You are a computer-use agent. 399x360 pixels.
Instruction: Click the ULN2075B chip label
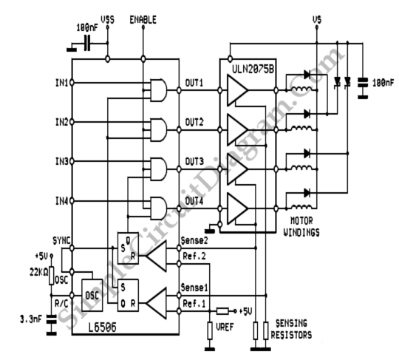click(253, 69)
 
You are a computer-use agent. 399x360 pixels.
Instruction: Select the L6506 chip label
click(102, 327)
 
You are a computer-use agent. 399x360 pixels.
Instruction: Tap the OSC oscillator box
click(92, 296)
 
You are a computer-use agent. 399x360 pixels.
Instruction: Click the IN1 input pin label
click(62, 83)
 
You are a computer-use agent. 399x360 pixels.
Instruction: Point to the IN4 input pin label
click(62, 201)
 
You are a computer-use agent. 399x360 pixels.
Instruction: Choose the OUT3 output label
click(194, 161)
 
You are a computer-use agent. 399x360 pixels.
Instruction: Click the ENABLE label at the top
click(143, 20)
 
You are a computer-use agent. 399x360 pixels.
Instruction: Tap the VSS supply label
click(107, 20)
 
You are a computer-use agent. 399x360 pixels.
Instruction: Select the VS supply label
click(317, 20)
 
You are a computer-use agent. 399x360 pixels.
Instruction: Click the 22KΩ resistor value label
click(38, 273)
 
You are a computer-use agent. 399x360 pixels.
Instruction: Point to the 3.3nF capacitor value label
click(31, 319)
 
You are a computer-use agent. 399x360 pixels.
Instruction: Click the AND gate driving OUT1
click(159, 90)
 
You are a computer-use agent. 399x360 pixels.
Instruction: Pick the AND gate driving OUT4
click(159, 208)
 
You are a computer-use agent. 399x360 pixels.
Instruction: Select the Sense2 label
click(194, 240)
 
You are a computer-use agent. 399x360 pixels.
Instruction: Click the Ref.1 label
click(194, 304)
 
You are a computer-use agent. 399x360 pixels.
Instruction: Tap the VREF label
click(225, 327)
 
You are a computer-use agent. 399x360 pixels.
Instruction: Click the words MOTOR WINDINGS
click(301, 227)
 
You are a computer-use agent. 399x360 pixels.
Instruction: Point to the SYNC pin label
click(61, 240)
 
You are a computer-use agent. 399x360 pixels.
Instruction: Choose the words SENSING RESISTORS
click(291, 329)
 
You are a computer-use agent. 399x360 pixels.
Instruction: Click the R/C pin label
click(61, 304)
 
